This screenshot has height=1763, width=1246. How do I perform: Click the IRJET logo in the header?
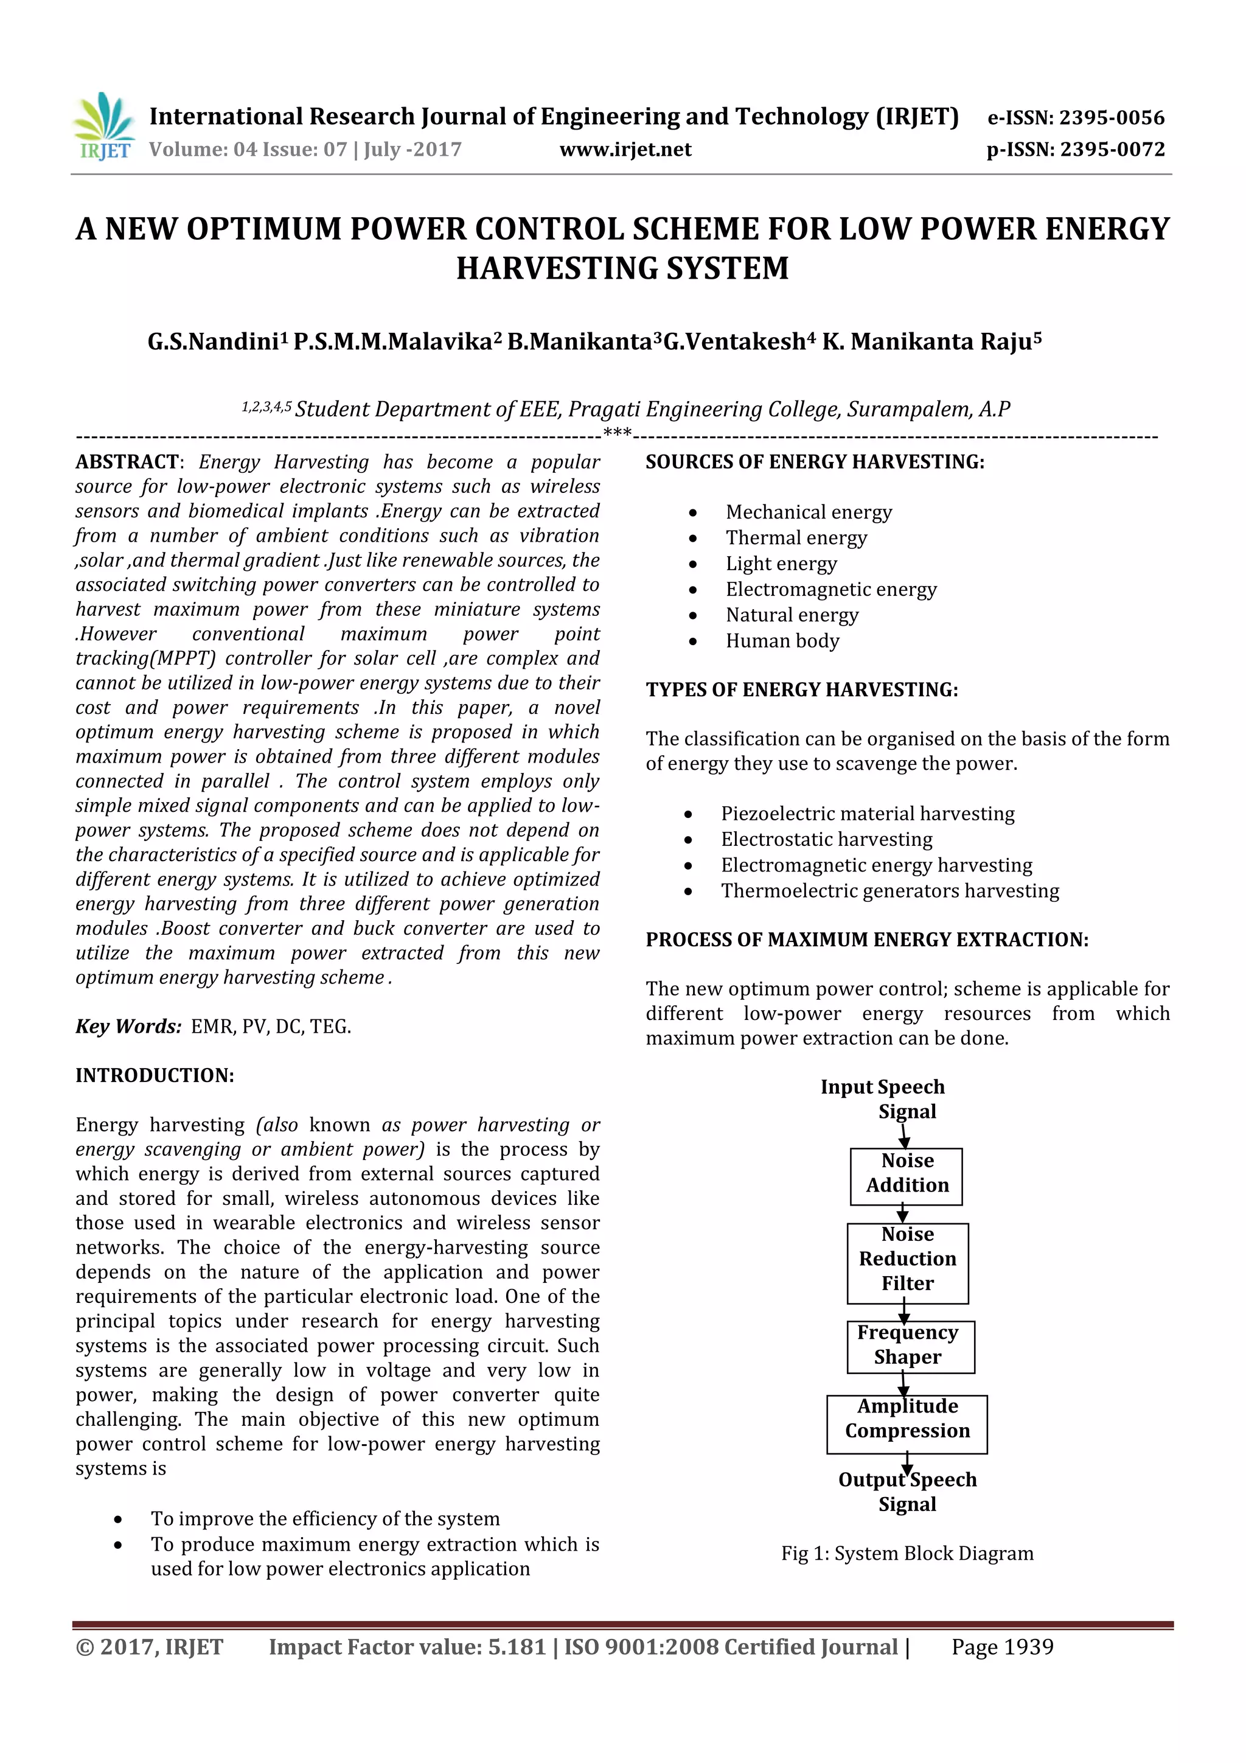pos(103,127)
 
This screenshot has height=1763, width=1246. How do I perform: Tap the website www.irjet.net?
pos(625,150)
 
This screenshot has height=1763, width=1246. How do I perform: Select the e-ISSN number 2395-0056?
pos(1112,117)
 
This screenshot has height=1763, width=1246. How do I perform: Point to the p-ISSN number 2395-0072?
pos(1112,150)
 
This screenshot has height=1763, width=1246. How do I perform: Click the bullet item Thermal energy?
pos(796,538)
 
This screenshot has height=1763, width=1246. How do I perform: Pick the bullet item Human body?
pos(782,641)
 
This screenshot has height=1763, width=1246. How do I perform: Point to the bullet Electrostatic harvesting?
pos(826,840)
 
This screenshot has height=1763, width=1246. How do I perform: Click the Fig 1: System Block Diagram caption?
pos(907,1554)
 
